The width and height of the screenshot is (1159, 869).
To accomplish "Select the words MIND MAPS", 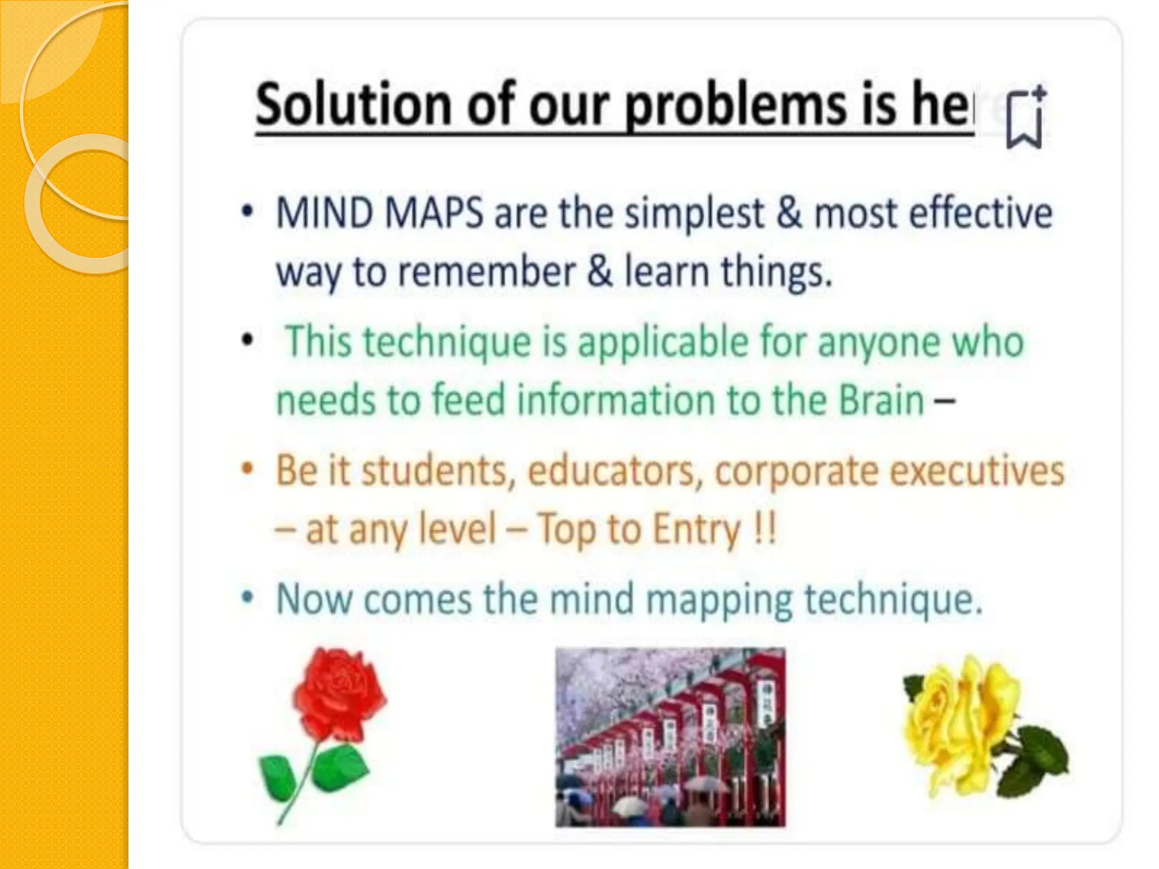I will (x=379, y=213).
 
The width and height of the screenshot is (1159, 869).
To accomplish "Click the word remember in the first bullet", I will (x=487, y=272).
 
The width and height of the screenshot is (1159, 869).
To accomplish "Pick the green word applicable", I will (x=662, y=342).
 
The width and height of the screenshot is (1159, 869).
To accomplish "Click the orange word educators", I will (x=611, y=470).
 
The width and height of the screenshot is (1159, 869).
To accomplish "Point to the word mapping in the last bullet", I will (x=719, y=599).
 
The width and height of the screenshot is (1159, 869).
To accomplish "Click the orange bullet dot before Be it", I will (x=247, y=469).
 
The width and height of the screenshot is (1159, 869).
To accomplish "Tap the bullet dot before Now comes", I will (x=247, y=598).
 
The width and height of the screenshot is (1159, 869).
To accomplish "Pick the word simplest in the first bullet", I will (x=694, y=213).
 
